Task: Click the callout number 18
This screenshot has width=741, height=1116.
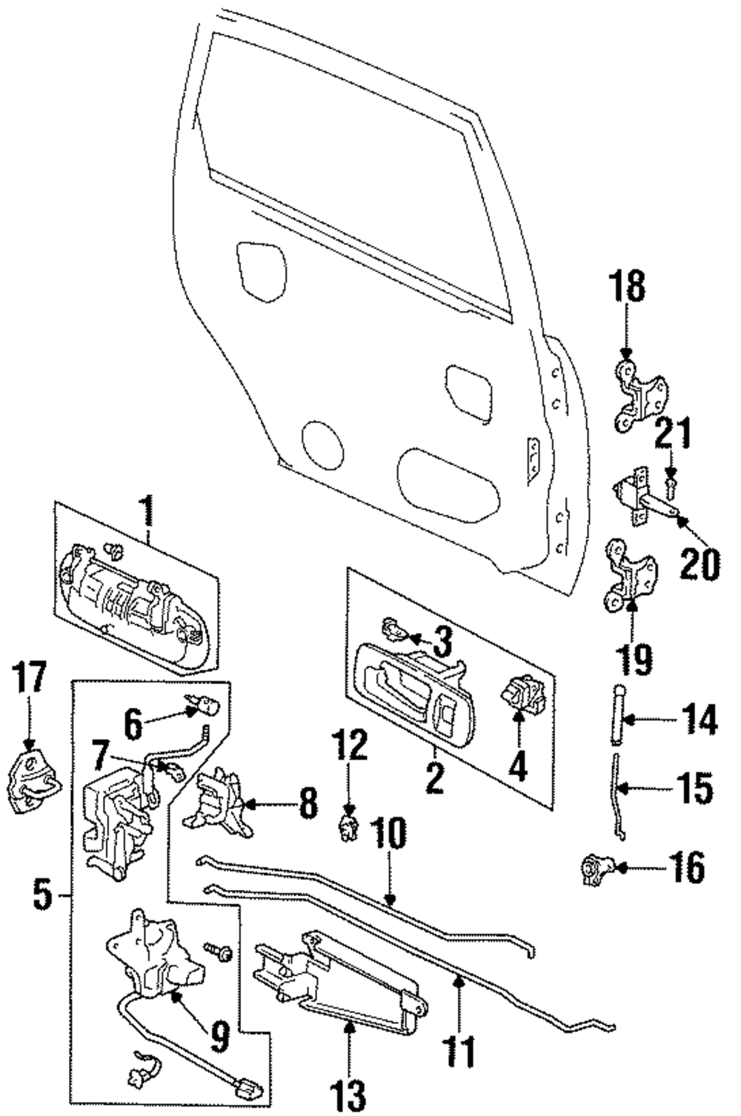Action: point(627,286)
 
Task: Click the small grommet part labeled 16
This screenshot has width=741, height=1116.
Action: point(599,869)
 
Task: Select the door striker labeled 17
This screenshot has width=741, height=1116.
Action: point(33,784)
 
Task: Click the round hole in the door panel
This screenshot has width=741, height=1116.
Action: point(322,446)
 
